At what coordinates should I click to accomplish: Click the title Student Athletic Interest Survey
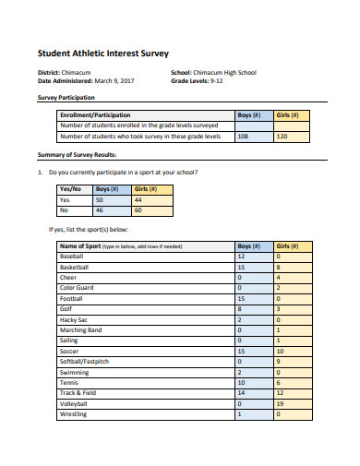click(102, 54)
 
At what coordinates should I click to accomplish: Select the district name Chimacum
click(78, 72)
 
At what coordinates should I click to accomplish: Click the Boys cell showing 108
click(243, 136)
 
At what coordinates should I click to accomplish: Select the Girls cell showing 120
click(282, 136)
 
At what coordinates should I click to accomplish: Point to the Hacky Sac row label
click(75, 318)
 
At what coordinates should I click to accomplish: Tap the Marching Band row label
click(80, 329)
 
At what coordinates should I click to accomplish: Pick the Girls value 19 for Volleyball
click(280, 402)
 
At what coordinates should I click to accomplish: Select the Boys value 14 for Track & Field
click(241, 392)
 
